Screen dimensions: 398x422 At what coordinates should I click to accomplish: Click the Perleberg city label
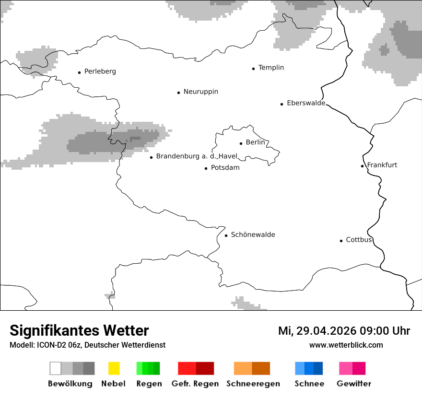[100, 71]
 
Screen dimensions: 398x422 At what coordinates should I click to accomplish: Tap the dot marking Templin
[253, 69]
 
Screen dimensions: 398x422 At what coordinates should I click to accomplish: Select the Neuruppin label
[200, 92]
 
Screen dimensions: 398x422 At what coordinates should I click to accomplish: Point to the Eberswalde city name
[305, 103]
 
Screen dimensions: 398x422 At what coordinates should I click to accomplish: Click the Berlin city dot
[241, 143]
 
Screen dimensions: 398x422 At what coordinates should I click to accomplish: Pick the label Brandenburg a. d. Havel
[197, 156]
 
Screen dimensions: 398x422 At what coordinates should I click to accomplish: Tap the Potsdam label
[225, 168]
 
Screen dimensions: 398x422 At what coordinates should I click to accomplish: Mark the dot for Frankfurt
[362, 166]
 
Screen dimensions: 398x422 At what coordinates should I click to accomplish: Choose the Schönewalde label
[253, 234]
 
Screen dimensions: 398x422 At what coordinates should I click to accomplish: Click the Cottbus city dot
[341, 241]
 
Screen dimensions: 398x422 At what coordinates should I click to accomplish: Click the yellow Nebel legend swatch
[114, 368]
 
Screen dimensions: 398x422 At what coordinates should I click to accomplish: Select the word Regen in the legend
[148, 384]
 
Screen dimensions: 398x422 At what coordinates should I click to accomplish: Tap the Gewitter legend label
[353, 384]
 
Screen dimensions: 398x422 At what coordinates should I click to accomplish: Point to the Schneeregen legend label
[253, 384]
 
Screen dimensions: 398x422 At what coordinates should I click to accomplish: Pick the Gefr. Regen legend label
[195, 384]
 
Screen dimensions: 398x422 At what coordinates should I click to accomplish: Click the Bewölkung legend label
[70, 384]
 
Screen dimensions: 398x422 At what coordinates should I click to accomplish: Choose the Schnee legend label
[309, 384]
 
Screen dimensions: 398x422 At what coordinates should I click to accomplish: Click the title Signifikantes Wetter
[79, 331]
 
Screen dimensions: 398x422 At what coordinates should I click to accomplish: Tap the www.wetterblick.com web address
[346, 345]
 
